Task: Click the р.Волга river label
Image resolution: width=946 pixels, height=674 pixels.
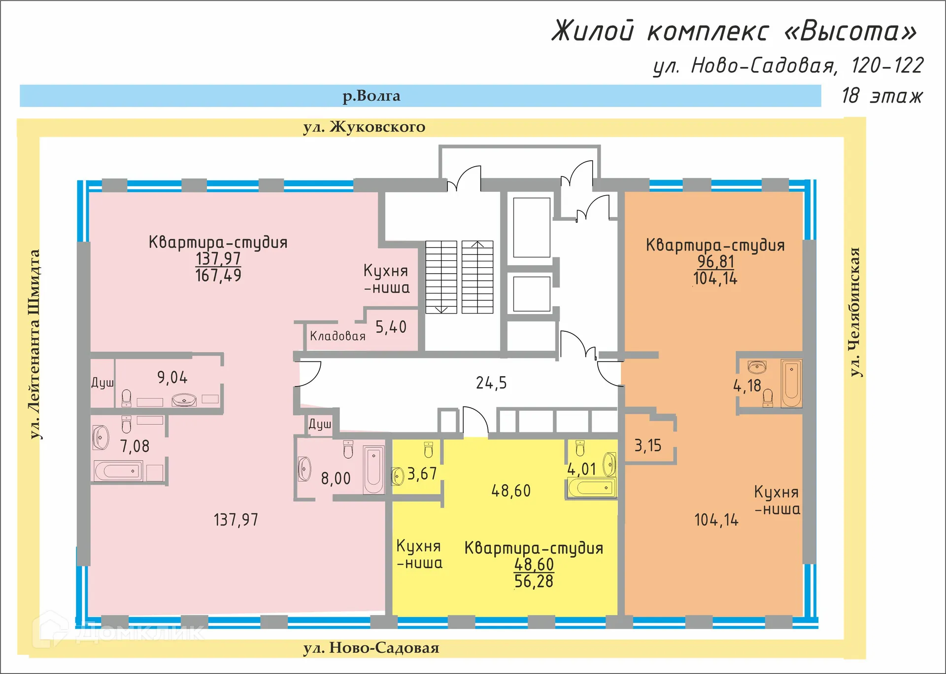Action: [371, 96]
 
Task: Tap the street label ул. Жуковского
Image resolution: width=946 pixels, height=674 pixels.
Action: [364, 127]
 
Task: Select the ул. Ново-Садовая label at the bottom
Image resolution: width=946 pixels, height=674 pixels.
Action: [371, 648]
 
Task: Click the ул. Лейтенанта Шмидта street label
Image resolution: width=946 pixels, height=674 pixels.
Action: [34, 344]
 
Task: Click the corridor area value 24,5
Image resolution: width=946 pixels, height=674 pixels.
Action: [491, 383]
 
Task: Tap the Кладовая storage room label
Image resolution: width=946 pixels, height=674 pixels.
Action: [338, 336]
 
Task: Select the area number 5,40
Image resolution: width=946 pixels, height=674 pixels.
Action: [391, 327]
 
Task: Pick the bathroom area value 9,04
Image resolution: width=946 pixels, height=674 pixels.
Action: [172, 378]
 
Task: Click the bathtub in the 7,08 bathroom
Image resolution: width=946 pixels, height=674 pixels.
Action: [118, 471]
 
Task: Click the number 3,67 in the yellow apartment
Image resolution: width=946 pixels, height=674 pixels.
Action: [422, 474]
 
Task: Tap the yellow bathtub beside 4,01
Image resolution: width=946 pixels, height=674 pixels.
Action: [590, 488]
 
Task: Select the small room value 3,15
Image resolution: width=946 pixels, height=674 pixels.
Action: [647, 446]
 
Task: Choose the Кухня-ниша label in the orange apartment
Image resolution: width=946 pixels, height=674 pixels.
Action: [777, 500]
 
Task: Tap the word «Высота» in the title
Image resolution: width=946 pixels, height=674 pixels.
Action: [850, 31]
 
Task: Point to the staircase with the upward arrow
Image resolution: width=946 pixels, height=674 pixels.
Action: [477, 277]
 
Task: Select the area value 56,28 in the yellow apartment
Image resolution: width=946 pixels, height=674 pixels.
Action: [534, 582]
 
